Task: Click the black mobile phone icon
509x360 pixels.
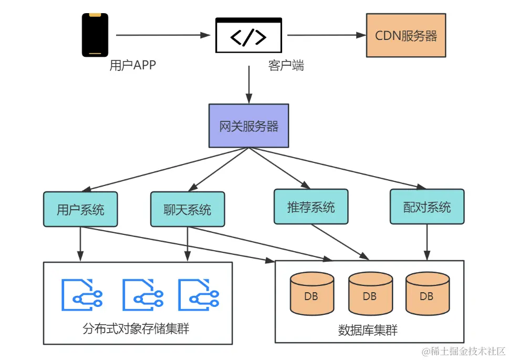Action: pyautogui.click(x=95, y=35)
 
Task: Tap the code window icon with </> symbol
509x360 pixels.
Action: pyautogui.click(x=248, y=35)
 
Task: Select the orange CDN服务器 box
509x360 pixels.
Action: pyautogui.click(x=406, y=35)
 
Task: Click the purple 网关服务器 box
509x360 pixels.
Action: pyautogui.click(x=248, y=126)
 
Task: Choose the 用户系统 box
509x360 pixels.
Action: pyautogui.click(x=80, y=209)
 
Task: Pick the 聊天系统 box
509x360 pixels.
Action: pyautogui.click(x=188, y=209)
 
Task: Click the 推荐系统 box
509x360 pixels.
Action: pyautogui.click(x=311, y=207)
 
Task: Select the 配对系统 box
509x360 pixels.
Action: pyautogui.click(x=427, y=207)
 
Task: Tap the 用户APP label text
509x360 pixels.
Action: pyautogui.click(x=133, y=65)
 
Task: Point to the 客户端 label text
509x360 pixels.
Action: pyautogui.click(x=286, y=65)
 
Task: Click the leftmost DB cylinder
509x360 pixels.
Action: pyautogui.click(x=312, y=294)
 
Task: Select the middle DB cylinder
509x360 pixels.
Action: pyautogui.click(x=370, y=294)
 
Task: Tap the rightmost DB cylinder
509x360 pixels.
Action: pyautogui.click(x=428, y=294)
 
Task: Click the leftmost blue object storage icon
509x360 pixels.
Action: pyautogui.click(x=82, y=294)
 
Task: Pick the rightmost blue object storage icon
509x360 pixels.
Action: pyautogui.click(x=199, y=294)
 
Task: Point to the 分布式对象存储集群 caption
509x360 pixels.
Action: pyautogui.click(x=136, y=328)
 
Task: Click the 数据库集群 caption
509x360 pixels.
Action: pyautogui.click(x=368, y=330)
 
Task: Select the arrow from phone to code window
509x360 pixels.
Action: pyautogui.click(x=163, y=35)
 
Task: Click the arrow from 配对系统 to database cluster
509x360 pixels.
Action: pyautogui.click(x=427, y=242)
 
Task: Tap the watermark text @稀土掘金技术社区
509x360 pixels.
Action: pyautogui.click(x=463, y=351)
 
